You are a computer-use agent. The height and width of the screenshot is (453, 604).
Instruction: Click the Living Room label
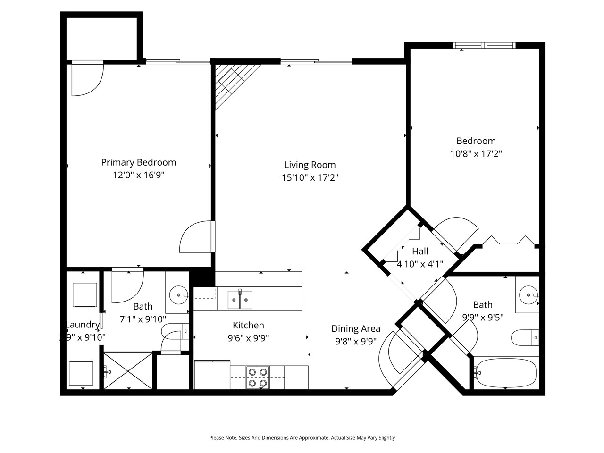[x=310, y=165]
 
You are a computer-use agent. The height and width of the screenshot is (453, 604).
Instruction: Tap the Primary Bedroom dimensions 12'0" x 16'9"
[x=138, y=175]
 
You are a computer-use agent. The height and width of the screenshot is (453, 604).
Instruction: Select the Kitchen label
[x=248, y=325]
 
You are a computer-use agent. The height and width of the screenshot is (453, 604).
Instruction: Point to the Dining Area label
[x=355, y=329]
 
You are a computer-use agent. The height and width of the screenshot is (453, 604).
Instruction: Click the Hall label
[x=420, y=252]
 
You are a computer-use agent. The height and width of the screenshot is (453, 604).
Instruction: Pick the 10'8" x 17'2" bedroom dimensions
[x=476, y=153]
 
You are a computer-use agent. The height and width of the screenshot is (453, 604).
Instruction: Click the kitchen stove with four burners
[x=258, y=377]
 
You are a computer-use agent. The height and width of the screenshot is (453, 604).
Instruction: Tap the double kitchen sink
[x=240, y=300]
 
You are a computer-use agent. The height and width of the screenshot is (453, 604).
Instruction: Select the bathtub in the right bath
[x=506, y=372]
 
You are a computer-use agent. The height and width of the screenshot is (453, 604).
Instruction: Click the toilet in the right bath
[x=524, y=337]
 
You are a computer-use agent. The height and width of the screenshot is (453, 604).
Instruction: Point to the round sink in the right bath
[x=527, y=295]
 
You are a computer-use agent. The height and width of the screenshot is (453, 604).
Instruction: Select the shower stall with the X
[x=128, y=370]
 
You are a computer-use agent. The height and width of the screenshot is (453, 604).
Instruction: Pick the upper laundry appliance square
[x=85, y=294]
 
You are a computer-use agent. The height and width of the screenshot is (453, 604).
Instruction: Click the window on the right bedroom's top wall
[x=484, y=46]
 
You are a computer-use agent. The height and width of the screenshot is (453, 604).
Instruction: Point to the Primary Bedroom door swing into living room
[x=196, y=237]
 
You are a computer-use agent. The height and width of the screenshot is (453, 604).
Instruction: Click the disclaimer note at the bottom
[x=302, y=438]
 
